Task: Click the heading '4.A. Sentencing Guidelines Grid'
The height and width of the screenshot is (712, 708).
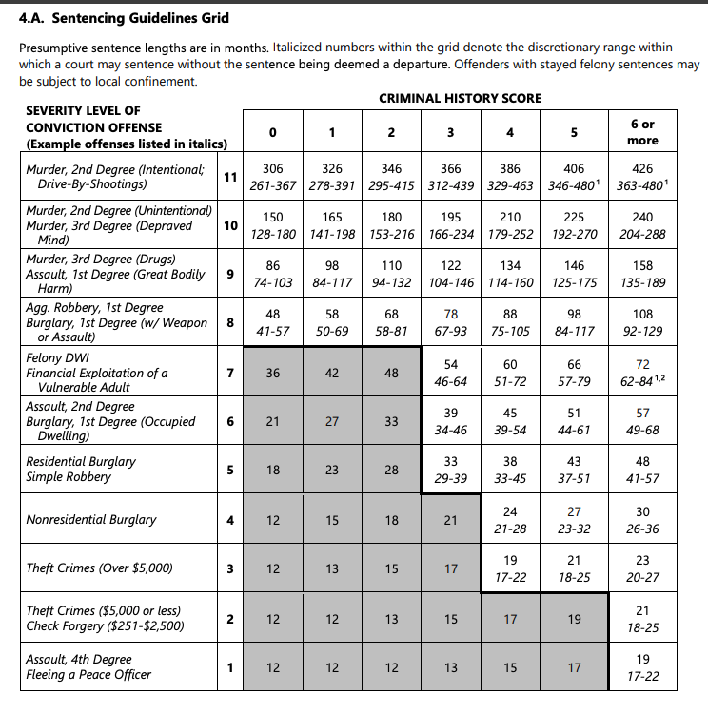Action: tap(124, 18)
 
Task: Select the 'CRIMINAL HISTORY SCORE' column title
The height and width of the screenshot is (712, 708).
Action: tap(460, 98)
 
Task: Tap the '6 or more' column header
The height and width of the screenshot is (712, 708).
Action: tap(642, 132)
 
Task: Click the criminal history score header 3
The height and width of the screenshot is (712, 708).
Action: tap(450, 132)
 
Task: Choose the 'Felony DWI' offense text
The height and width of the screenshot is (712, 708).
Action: tap(59, 358)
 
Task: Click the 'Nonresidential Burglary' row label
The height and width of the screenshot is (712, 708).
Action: tap(91, 520)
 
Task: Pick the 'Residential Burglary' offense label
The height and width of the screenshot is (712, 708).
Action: tap(81, 461)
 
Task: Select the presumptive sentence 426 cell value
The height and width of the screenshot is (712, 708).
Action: tap(642, 168)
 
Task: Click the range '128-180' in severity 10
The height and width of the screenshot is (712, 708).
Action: tap(272, 234)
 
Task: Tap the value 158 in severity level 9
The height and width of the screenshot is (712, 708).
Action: tap(642, 265)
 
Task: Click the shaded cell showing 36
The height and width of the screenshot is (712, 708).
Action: tap(273, 374)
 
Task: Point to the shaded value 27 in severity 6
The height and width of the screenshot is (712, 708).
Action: tap(332, 421)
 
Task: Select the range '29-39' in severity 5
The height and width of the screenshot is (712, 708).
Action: tap(450, 478)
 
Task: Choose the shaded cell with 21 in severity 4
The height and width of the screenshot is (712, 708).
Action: tap(450, 520)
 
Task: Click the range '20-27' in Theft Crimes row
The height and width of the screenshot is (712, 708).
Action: tap(642, 577)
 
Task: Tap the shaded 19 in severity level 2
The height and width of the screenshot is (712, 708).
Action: tap(574, 619)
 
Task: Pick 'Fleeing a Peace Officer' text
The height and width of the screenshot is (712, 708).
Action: tap(88, 675)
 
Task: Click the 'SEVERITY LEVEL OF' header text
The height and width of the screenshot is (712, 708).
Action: tap(83, 111)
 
